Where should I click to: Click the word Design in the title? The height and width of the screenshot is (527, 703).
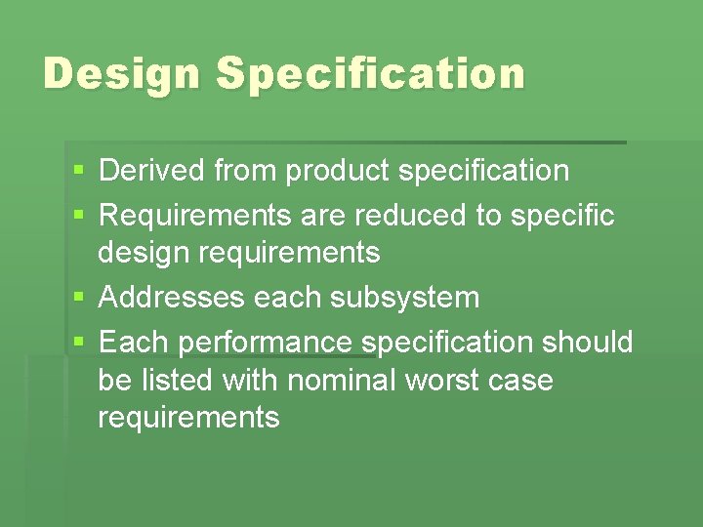point(121,74)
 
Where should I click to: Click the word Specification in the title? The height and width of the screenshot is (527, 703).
point(370,74)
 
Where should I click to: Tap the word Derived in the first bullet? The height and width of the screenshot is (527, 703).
point(152,171)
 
